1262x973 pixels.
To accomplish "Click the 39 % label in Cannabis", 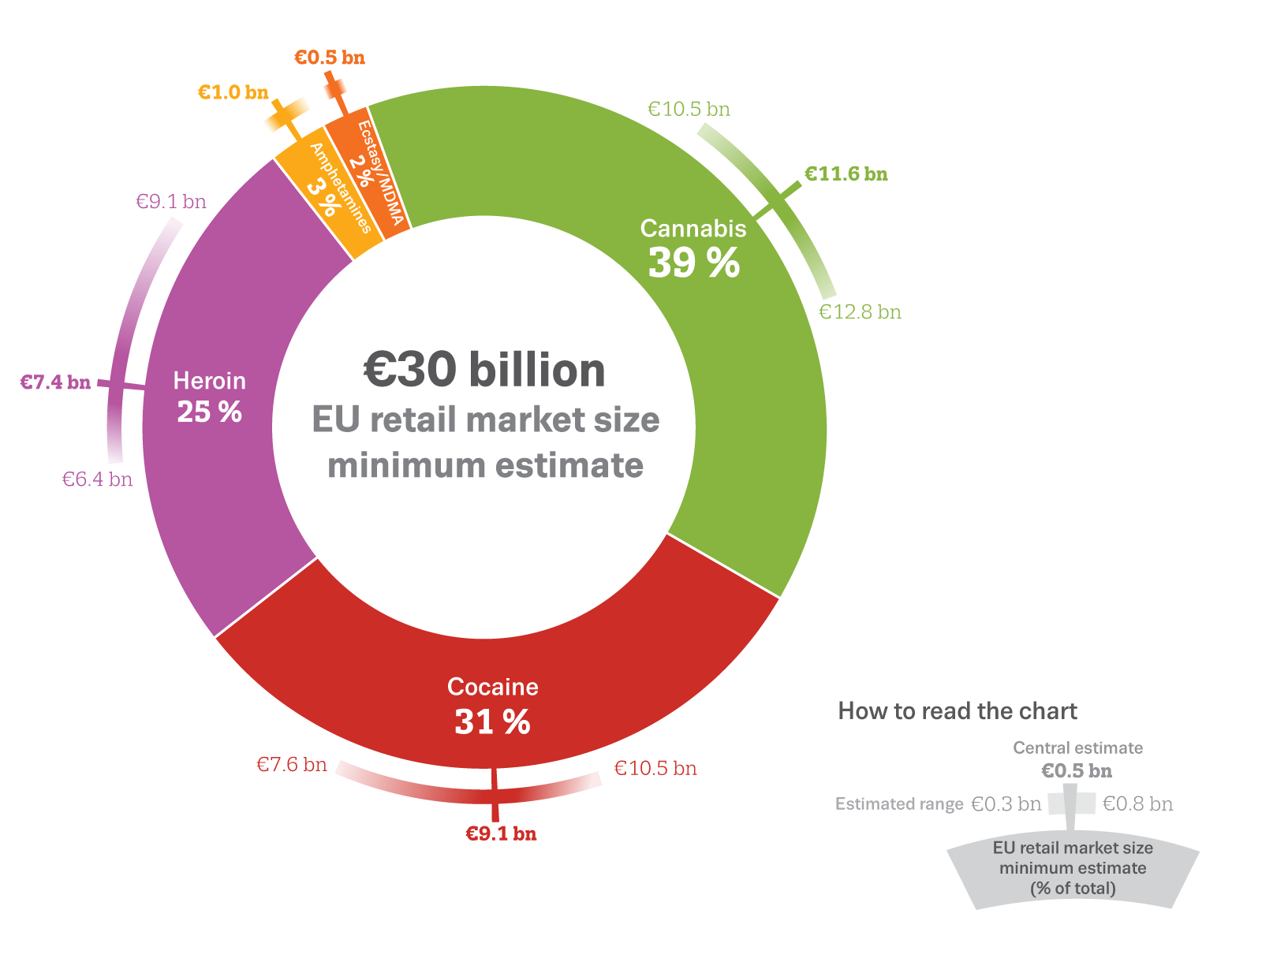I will [694, 263].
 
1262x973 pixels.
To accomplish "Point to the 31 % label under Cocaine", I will [492, 721].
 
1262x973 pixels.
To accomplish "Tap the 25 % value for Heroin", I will [209, 412].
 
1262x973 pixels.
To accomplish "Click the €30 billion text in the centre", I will [484, 370].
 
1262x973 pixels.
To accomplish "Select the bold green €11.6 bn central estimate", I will [846, 173].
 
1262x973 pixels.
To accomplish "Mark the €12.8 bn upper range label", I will [860, 312].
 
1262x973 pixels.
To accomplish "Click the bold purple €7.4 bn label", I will [55, 382].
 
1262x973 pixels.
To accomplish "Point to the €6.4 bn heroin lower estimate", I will [97, 479].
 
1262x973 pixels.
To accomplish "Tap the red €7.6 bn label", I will [292, 764].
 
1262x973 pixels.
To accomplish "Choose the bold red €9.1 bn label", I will [501, 833].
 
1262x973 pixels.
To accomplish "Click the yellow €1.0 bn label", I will [233, 92].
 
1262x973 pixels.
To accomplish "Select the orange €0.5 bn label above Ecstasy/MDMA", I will [330, 58].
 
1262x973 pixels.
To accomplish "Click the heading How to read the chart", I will [957, 710].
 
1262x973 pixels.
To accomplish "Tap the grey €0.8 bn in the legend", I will [1137, 804].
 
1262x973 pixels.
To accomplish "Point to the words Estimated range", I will [899, 804].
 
